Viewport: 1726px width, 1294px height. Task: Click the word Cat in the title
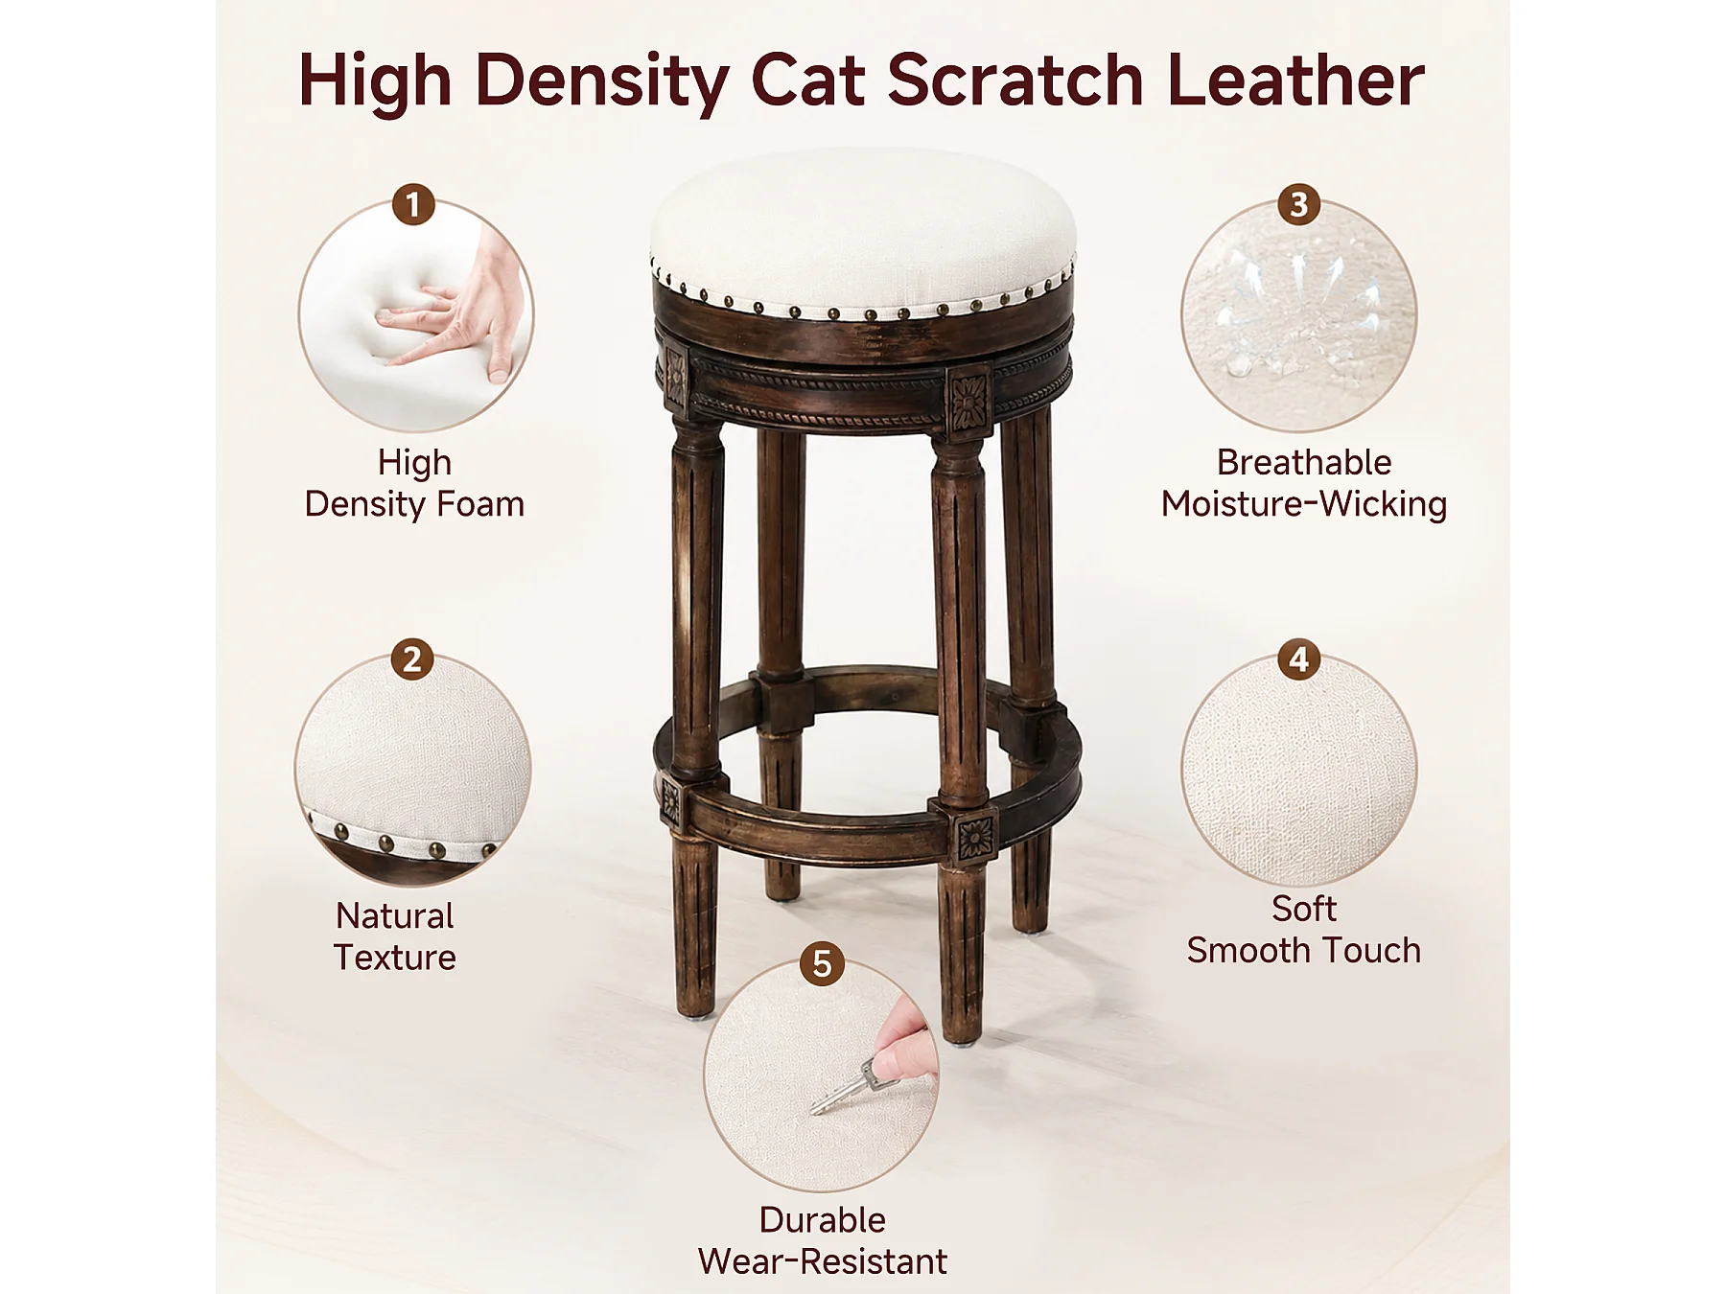tap(808, 80)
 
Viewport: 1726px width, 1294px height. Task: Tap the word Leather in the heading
tap(1295, 80)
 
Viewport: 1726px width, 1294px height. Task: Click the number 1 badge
tap(413, 204)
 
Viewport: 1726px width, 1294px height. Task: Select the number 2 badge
tap(412, 659)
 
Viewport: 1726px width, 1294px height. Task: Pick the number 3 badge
tap(1299, 204)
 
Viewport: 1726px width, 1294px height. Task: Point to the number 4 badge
tap(1299, 659)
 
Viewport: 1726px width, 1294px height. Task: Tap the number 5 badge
tap(822, 963)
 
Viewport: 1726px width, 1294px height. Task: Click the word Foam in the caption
tap(480, 504)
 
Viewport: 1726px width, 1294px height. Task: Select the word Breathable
tap(1304, 462)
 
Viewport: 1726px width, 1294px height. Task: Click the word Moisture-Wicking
tap(1304, 504)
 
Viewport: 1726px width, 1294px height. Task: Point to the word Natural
tap(395, 916)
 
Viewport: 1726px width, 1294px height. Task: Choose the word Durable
tap(823, 1219)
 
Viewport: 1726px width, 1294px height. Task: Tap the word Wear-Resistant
tap(823, 1261)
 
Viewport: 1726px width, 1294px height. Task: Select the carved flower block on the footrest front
tap(975, 837)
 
